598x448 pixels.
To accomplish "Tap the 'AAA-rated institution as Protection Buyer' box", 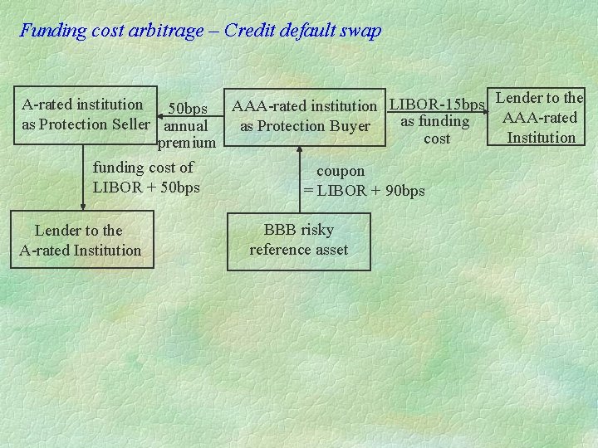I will tap(304, 116).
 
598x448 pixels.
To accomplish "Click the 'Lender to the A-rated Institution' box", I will tap(81, 241).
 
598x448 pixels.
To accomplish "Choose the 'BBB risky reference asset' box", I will tap(298, 240).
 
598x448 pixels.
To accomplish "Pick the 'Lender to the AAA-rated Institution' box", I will tap(540, 117).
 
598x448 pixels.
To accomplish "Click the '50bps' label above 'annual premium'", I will tap(188, 109).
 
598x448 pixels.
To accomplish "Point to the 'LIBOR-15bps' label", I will tap(437, 105).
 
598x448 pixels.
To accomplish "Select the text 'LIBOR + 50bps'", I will tap(146, 187).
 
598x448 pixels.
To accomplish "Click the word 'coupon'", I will tap(341, 171).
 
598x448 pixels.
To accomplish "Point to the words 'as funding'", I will tap(435, 122).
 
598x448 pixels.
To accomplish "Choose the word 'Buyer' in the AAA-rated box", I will tap(350, 126).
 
